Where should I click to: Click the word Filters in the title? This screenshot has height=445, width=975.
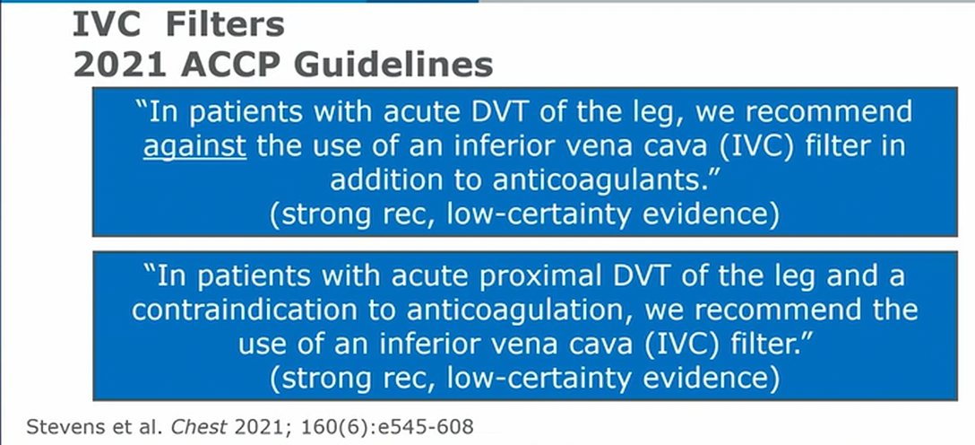point(221,25)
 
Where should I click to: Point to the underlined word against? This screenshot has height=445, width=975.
point(194,149)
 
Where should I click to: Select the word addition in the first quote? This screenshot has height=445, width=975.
point(383,179)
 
